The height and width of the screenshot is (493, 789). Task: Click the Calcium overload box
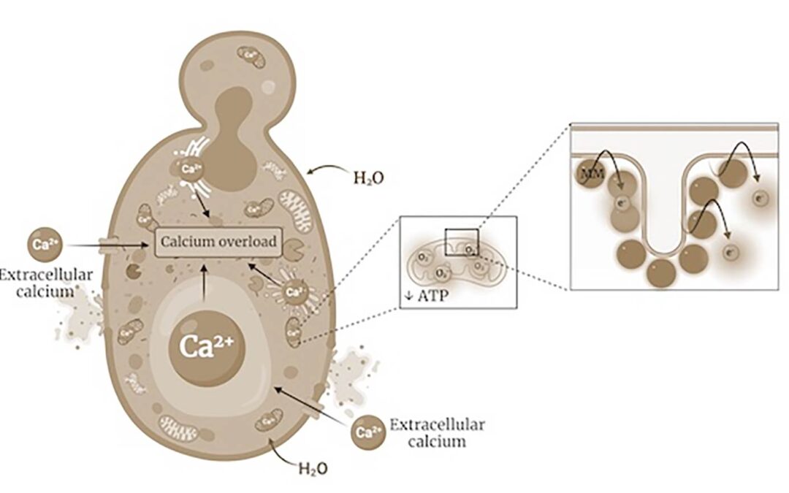point(219,242)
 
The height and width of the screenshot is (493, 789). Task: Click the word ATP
point(432,297)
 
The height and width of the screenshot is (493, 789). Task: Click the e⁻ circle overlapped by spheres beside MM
point(622,203)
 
